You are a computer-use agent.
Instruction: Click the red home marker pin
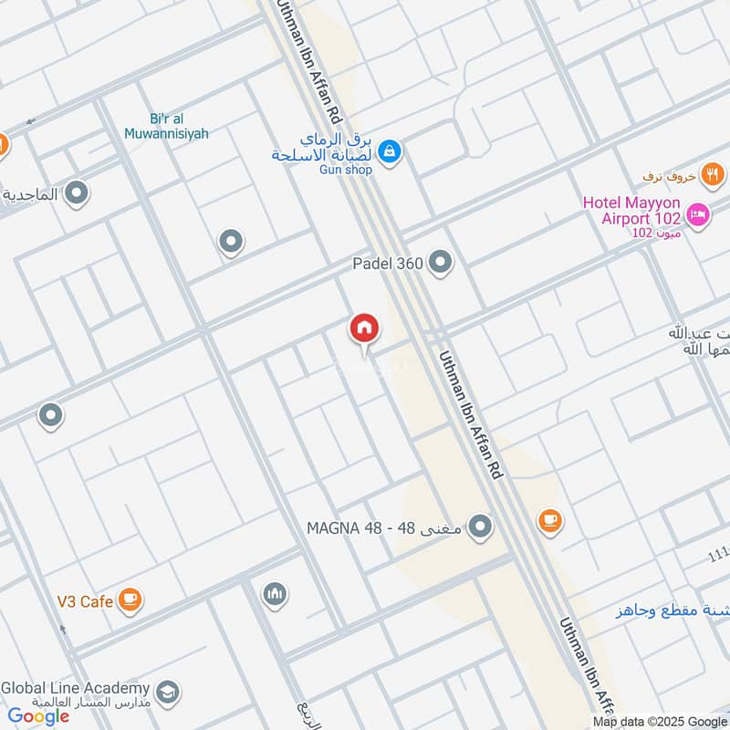[x=365, y=329]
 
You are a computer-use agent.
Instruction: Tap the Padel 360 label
[x=387, y=264]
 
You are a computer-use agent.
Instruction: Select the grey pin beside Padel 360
[x=441, y=263]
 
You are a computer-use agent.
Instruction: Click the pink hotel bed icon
[x=698, y=214]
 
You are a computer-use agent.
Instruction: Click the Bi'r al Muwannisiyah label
[x=166, y=126]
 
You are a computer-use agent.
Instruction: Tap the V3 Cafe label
[x=84, y=601]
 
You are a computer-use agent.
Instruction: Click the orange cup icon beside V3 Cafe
[x=130, y=599]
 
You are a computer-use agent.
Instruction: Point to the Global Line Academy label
[x=75, y=688]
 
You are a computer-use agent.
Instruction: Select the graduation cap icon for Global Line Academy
[x=167, y=692]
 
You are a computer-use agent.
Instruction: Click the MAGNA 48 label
[x=385, y=527]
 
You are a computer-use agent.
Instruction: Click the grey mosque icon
[x=275, y=595]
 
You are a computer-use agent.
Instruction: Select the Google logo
[x=38, y=716]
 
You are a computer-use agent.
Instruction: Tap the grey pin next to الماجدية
[x=78, y=193]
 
